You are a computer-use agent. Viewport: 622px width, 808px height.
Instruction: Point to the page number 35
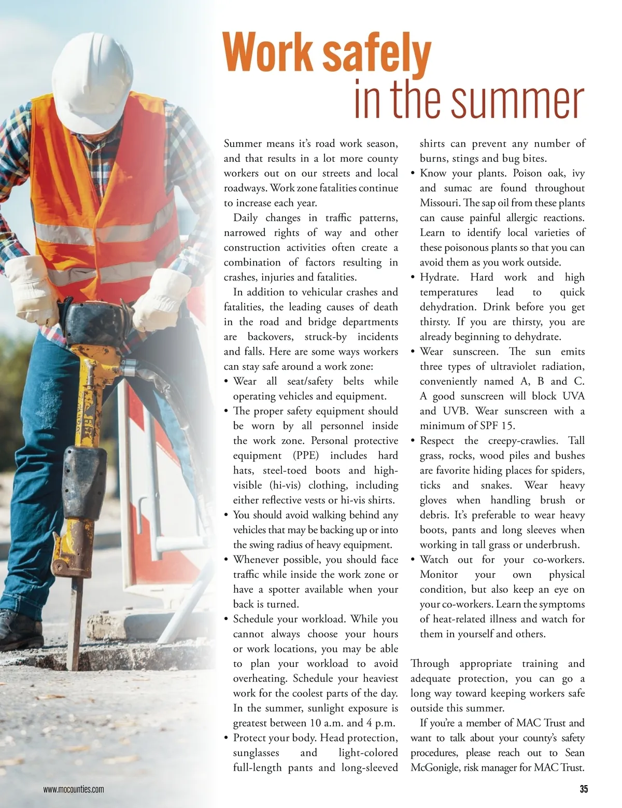(584, 789)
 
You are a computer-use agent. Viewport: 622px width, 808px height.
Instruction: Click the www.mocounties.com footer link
(74, 790)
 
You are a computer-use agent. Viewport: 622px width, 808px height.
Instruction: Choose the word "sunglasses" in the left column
(256, 753)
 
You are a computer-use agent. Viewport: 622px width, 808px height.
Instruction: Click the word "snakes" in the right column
(496, 485)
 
